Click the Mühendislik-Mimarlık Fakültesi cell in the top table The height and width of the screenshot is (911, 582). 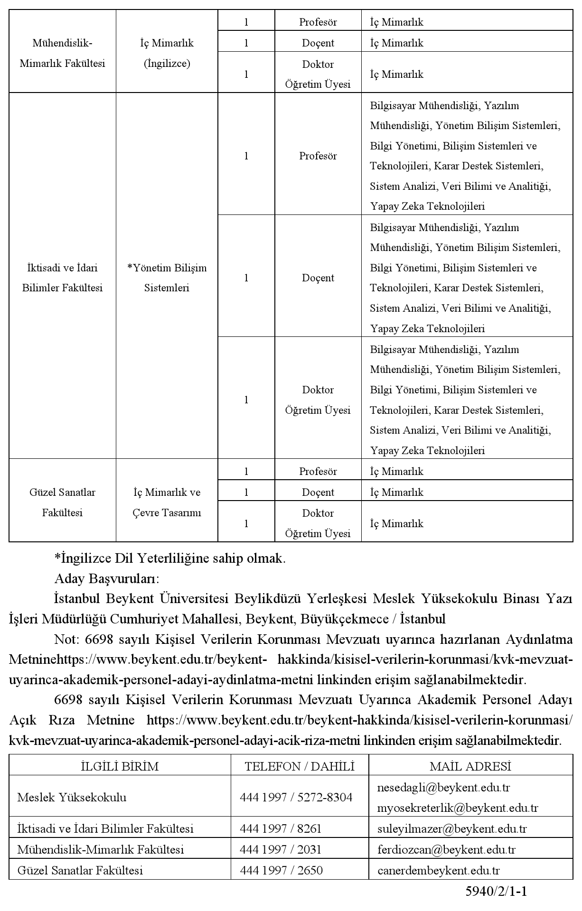tap(62, 53)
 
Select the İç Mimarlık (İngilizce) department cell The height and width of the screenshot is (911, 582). tap(167, 53)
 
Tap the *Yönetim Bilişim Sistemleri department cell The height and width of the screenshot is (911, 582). tap(167, 278)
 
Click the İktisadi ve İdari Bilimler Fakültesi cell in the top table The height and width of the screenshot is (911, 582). tap(62, 278)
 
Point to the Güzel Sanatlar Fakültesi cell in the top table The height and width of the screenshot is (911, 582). tap(62, 502)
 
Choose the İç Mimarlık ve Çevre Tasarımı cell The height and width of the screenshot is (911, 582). tap(167, 502)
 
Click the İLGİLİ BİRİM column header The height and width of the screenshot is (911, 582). tap(120, 766)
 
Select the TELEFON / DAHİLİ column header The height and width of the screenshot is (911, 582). tap(300, 766)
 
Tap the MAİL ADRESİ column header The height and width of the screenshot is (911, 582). tap(470, 766)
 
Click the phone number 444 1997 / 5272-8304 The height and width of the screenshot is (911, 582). tap(296, 797)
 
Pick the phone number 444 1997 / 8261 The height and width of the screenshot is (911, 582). tap(281, 828)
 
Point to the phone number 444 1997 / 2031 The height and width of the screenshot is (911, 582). tap(281, 849)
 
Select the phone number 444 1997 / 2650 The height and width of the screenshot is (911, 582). tap(281, 870)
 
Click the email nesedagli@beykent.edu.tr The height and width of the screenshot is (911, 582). tap(443, 787)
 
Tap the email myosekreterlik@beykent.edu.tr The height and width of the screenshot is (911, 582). tap(458, 808)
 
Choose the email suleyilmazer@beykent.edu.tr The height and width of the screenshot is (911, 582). tap(452, 828)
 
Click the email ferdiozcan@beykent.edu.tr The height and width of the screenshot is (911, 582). tap(446, 849)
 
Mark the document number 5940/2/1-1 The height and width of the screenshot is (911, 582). tap(496, 892)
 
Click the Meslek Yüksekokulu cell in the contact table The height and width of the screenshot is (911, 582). tap(72, 797)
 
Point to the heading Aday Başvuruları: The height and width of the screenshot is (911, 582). tap(107, 579)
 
